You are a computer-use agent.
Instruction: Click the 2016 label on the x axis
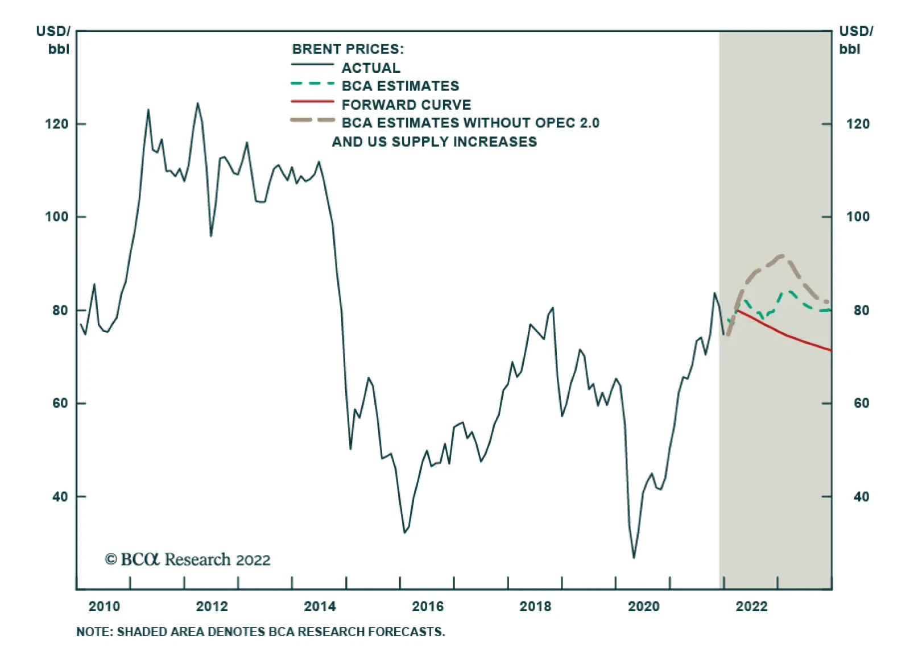coord(428,607)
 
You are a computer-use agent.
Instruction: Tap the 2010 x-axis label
coord(104,607)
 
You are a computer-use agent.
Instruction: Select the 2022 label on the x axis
coord(751,607)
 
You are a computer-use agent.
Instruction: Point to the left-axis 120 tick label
coord(56,124)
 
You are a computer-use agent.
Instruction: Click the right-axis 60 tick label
coord(861,403)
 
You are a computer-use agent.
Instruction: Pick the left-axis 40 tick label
coord(60,497)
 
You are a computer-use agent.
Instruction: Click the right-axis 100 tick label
coord(858,217)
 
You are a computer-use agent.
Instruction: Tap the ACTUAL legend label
coord(371,68)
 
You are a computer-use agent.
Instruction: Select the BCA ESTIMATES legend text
coord(400,86)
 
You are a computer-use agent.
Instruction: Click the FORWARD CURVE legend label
coord(406,105)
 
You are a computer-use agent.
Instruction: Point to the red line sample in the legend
coord(312,102)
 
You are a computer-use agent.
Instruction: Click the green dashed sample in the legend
coord(312,84)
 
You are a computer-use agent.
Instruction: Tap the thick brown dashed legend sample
coord(312,121)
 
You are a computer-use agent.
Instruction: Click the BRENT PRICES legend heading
coord(348,49)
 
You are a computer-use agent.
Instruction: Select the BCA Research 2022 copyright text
coord(188,560)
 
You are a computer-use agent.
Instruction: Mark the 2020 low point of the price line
coord(634,557)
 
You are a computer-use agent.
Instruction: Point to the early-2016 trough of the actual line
coord(404,532)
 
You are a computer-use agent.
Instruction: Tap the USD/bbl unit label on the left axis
coord(54,40)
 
